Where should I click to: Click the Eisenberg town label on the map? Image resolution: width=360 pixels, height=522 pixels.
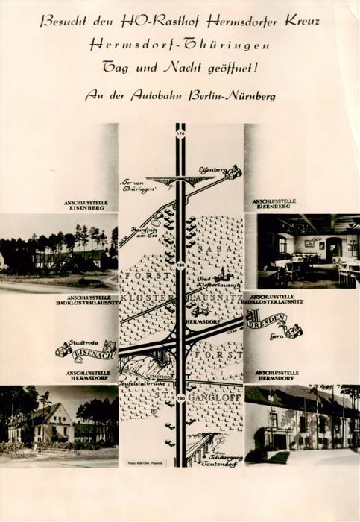pyautogui.click(x=212, y=170)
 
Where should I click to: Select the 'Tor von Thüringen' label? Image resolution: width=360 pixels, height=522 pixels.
pyautogui.click(x=141, y=186)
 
